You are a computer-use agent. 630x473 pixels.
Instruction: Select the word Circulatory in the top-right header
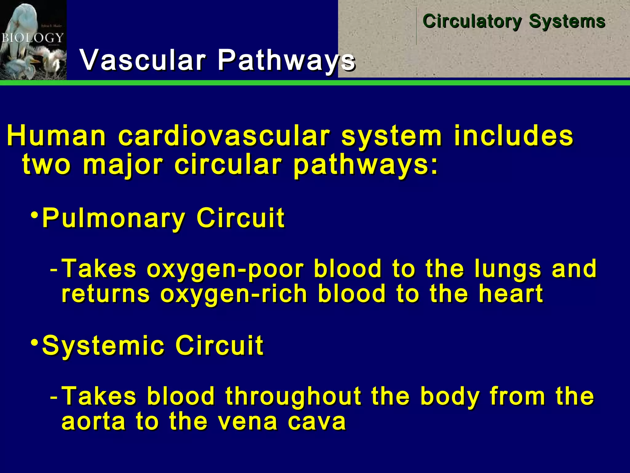click(x=472, y=22)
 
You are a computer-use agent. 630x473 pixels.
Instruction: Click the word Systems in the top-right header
click(x=567, y=22)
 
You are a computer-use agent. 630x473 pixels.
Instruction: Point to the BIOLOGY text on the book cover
click(x=32, y=38)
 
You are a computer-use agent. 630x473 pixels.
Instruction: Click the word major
click(x=122, y=165)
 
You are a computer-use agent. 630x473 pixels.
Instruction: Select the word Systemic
click(x=103, y=346)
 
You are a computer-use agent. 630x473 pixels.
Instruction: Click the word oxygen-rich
click(x=233, y=294)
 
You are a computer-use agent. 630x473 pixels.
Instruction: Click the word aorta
click(x=94, y=422)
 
